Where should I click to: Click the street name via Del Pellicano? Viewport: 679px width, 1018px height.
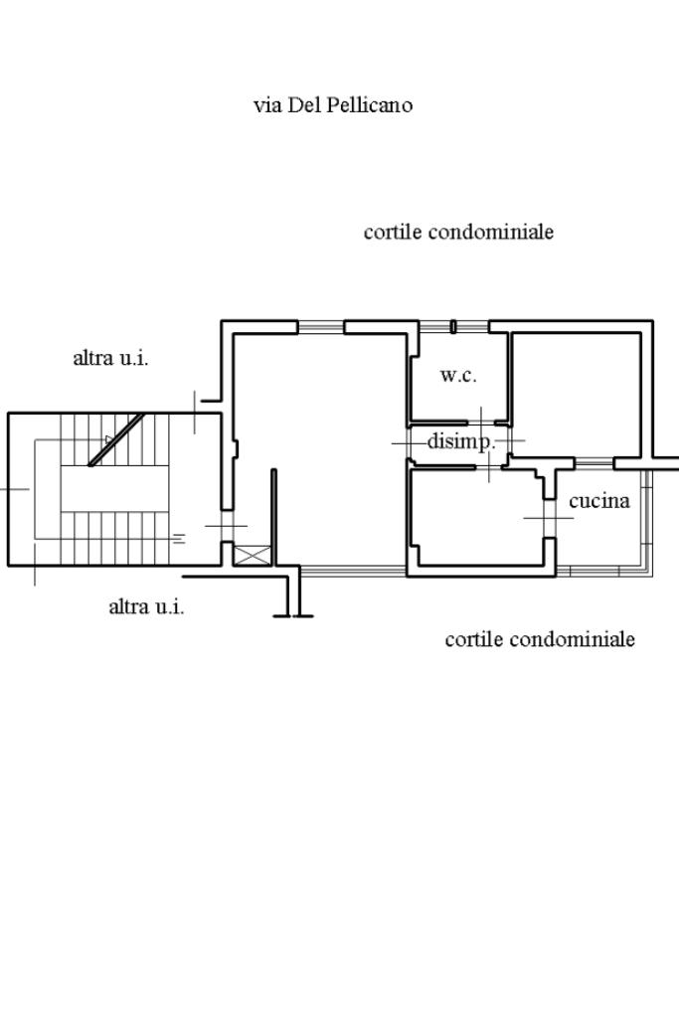(x=333, y=104)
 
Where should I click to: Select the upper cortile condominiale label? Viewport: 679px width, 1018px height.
(x=458, y=232)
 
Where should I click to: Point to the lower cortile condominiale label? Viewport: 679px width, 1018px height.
(x=540, y=639)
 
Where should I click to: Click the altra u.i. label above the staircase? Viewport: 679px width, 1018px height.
(x=111, y=358)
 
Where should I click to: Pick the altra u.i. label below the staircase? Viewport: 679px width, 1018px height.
(x=146, y=606)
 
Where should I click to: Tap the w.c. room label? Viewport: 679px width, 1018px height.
(x=458, y=376)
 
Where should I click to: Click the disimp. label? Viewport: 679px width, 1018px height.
(x=460, y=442)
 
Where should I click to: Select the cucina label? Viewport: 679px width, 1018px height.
(x=599, y=501)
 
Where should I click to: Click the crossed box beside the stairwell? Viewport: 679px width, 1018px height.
(x=252, y=555)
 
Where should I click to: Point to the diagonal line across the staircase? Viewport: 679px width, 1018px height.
(x=117, y=439)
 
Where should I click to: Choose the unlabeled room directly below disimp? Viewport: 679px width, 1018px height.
(x=475, y=517)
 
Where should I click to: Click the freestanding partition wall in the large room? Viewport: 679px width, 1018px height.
(x=273, y=517)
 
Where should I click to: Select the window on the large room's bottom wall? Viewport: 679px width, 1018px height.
(x=353, y=571)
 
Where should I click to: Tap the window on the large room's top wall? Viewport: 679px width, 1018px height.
(x=320, y=326)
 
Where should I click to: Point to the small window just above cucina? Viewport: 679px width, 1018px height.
(x=594, y=462)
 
